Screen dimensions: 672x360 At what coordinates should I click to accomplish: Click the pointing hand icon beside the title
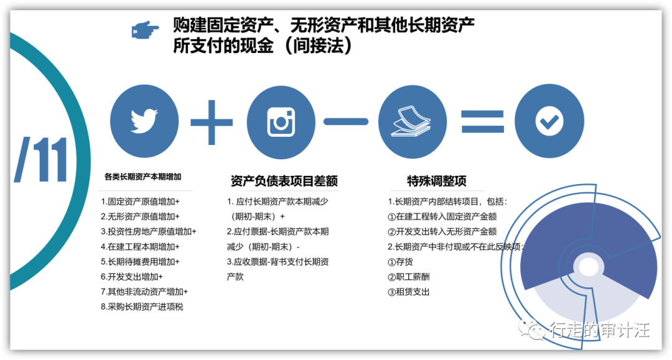[145, 30]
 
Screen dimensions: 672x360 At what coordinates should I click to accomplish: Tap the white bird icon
[144, 121]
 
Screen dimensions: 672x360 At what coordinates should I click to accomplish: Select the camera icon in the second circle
[281, 122]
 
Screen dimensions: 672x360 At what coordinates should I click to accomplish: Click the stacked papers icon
[411, 121]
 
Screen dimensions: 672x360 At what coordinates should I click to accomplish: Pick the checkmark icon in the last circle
[549, 121]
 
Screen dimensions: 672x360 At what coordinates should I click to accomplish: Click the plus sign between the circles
[212, 122]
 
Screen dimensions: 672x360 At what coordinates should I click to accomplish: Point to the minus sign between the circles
[346, 122]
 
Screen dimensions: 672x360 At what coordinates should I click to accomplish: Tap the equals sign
[482, 122]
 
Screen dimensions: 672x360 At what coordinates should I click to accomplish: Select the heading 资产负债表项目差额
[284, 181]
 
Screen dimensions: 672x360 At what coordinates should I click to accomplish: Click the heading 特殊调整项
[437, 181]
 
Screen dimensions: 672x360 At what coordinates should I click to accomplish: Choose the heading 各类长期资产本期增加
[142, 177]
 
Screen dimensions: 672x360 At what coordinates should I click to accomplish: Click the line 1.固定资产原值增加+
[140, 201]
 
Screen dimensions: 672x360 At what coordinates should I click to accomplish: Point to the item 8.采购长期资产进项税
[142, 307]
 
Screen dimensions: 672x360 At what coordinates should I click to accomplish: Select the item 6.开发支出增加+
[131, 277]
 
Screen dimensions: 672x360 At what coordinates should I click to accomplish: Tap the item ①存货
[400, 262]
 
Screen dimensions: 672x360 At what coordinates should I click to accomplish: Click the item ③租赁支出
[408, 292]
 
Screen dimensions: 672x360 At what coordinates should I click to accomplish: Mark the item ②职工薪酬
[408, 277]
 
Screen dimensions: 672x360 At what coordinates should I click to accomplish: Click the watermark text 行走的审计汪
[600, 330]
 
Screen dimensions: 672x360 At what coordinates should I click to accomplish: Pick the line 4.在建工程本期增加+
[140, 247]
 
